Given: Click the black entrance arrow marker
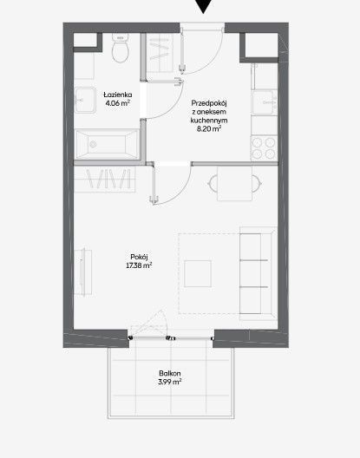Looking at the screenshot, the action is click(x=203, y=6).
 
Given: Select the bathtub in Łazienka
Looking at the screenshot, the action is click(x=107, y=144).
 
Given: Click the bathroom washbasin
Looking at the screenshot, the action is click(x=85, y=101).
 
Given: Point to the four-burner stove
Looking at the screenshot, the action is click(x=265, y=148).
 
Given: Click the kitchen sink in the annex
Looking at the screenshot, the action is click(x=265, y=102).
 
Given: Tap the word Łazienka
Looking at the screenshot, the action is click(x=118, y=95).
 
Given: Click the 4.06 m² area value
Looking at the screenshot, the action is click(x=118, y=103).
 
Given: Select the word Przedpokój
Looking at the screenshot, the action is click(x=209, y=103).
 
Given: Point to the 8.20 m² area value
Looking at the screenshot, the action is click(x=209, y=128).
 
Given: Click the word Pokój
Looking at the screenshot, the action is click(x=139, y=257).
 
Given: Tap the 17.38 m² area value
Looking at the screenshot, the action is click(x=139, y=265).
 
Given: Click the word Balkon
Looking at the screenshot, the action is click(x=170, y=373).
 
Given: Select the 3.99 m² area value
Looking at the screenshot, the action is click(x=170, y=382).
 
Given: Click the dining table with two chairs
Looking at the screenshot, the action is click(x=234, y=183).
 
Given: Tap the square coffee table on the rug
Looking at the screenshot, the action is click(x=198, y=274).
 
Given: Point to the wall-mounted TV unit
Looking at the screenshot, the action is click(x=83, y=272).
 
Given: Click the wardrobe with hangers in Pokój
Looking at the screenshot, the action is click(x=105, y=179).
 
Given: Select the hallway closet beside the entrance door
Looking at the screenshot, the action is click(x=160, y=53).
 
